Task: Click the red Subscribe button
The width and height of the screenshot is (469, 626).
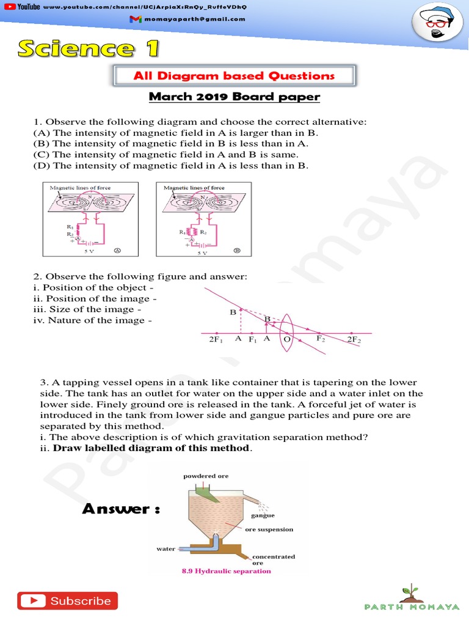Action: point(67,601)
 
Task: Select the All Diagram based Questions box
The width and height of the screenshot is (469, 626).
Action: point(234,76)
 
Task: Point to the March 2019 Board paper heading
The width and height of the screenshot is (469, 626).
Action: point(234,97)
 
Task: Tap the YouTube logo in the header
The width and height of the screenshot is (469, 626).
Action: point(21,6)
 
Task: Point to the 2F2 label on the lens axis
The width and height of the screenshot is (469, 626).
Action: point(354,340)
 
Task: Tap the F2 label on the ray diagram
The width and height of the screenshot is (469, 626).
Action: point(321,338)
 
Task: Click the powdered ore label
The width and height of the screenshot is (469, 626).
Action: point(206,476)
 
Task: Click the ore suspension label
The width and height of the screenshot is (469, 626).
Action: point(269,529)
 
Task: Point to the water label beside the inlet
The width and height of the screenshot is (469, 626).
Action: point(166,548)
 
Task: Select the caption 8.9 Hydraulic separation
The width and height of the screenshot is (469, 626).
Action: point(226,571)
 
